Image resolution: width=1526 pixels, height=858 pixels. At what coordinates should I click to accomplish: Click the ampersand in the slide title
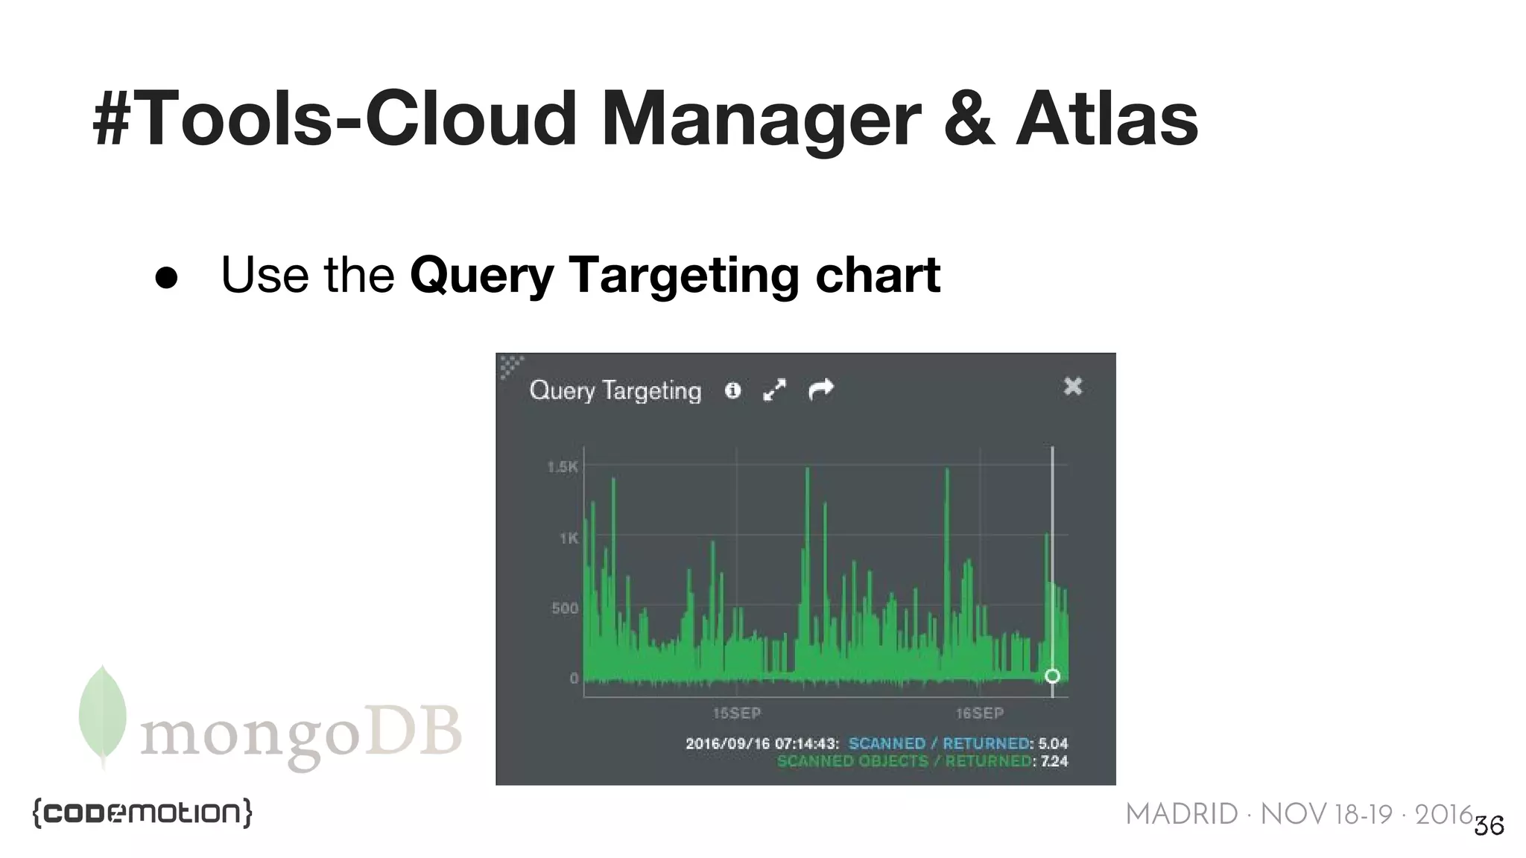click(968, 119)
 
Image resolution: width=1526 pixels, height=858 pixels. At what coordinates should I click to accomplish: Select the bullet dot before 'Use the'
click(166, 277)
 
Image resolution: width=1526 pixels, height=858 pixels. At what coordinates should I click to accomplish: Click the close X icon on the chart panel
click(1072, 386)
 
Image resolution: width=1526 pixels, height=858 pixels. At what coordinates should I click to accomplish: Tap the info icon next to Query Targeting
click(732, 390)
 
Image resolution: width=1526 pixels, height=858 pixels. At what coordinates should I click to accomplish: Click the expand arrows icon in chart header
click(775, 390)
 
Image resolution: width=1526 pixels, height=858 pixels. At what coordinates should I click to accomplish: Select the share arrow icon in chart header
click(821, 389)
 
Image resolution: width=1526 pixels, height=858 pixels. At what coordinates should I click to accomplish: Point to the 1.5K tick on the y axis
click(563, 467)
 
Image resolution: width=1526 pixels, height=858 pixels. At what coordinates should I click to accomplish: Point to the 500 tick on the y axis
click(565, 608)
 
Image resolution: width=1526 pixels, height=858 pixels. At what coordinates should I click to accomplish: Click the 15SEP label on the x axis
click(736, 713)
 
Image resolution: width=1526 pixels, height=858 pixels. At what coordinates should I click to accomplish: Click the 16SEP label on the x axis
click(979, 713)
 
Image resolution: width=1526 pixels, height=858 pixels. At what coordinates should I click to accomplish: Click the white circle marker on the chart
click(1052, 676)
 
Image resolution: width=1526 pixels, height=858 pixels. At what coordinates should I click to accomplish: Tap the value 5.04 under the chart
click(1053, 743)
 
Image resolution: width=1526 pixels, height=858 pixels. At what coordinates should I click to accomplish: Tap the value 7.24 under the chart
click(1054, 761)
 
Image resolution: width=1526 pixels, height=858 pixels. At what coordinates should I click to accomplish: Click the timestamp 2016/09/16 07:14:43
click(762, 743)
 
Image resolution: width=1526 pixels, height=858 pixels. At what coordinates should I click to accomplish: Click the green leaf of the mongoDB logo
click(103, 714)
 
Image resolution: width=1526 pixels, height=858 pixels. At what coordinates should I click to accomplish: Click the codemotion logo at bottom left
click(142, 813)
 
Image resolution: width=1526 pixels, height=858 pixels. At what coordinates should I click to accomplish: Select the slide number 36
click(1489, 826)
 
